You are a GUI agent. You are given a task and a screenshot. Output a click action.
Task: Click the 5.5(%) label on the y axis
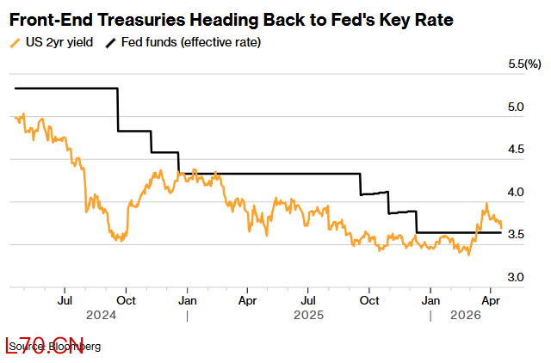(x=525, y=65)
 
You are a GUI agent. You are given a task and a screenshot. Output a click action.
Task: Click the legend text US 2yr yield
(x=57, y=41)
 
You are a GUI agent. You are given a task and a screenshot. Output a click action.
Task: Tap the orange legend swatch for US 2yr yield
(x=14, y=41)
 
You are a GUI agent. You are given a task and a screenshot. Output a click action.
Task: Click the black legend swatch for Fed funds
(x=111, y=41)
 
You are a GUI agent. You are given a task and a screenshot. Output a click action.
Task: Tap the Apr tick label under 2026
(x=491, y=301)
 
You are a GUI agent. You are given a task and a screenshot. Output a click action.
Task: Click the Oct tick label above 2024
(x=126, y=301)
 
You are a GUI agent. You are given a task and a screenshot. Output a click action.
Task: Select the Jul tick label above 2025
(x=308, y=301)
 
